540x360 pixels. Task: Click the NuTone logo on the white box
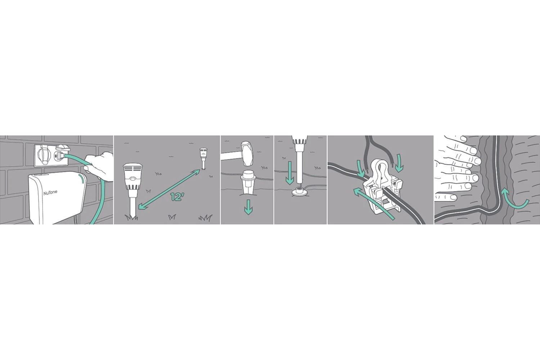pyautogui.click(x=51, y=193)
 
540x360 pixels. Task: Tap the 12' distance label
pyautogui.click(x=177, y=197)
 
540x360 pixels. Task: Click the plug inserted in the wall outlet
pyautogui.click(x=60, y=156)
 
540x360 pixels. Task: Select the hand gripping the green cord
pyautogui.click(x=99, y=167)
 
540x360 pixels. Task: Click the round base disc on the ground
pyautogui.click(x=299, y=192)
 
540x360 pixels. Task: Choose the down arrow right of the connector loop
pyautogui.click(x=399, y=164)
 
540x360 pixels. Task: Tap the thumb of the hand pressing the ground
pyautogui.click(x=446, y=197)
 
